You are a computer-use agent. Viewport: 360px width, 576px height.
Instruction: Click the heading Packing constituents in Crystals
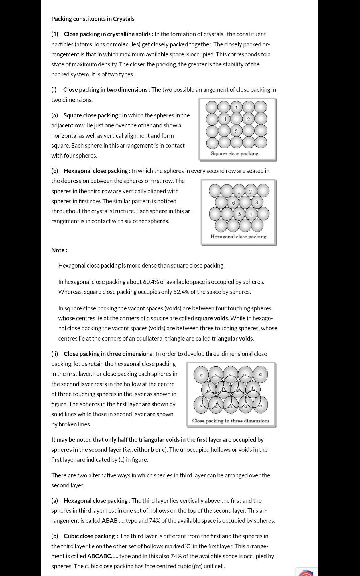click(93, 19)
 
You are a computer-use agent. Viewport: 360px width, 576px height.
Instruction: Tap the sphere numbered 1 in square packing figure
click(236, 107)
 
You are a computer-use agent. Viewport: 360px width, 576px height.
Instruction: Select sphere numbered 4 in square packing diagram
click(225, 119)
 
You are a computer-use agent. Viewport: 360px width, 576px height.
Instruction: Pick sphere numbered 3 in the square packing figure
click(236, 131)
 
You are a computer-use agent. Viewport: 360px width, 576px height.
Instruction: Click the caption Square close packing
click(234, 154)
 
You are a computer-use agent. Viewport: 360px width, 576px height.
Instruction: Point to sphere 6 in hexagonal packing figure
click(233, 202)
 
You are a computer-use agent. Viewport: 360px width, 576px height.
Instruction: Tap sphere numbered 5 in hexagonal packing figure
click(239, 214)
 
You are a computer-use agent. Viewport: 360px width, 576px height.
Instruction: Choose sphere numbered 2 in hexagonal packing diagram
click(250, 191)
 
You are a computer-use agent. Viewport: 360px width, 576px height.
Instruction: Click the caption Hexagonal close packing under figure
click(238, 237)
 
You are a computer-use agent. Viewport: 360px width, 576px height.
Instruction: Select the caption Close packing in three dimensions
click(231, 421)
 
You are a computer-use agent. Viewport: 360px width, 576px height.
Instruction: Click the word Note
click(59, 250)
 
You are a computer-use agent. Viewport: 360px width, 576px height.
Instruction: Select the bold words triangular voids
click(232, 339)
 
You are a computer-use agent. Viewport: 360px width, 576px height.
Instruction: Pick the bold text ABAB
click(110, 521)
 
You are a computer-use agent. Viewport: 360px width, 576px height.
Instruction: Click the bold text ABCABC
click(99, 556)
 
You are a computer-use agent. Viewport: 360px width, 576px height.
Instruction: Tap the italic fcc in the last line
click(198, 566)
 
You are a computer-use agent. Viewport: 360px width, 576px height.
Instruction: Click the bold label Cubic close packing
click(89, 536)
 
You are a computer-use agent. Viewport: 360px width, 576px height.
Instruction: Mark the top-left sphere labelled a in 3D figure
click(201, 375)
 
